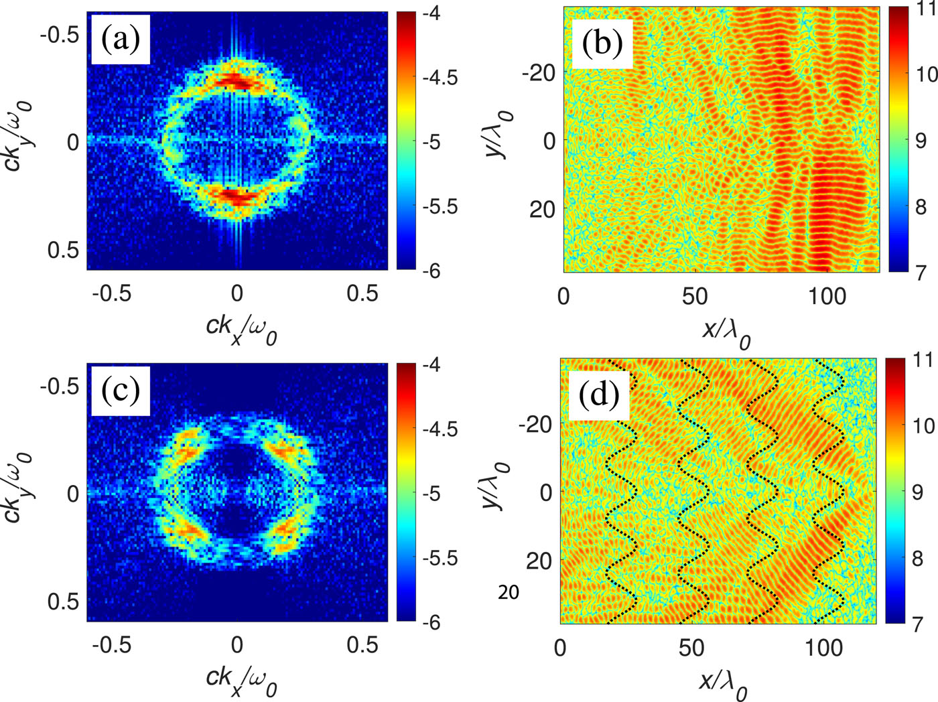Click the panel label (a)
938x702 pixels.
[x=121, y=40]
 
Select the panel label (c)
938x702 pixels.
[x=121, y=390]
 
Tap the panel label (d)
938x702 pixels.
[x=598, y=395]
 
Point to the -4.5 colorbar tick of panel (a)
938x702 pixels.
[x=440, y=78]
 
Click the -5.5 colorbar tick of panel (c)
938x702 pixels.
[x=440, y=558]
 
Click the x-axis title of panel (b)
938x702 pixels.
[x=726, y=332]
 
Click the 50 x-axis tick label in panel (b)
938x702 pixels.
[x=695, y=295]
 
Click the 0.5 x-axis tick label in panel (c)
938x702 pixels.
[x=362, y=644]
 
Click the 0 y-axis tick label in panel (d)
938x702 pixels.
[x=545, y=492]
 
